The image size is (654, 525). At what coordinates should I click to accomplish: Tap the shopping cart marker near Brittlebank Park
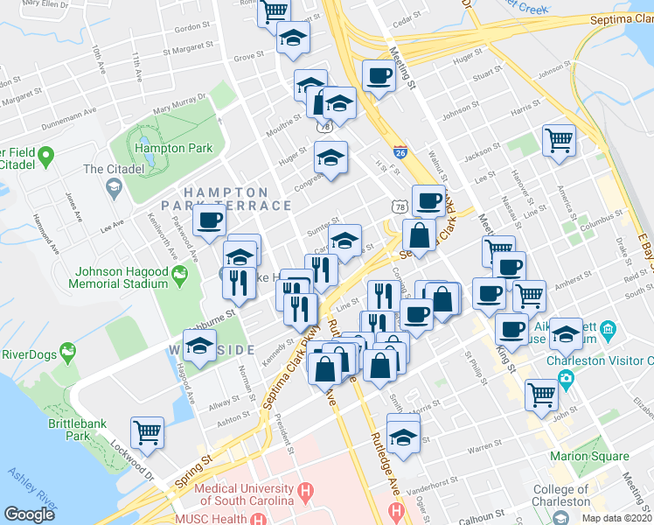[x=147, y=431]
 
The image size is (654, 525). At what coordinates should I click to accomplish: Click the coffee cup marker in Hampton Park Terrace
[x=209, y=220]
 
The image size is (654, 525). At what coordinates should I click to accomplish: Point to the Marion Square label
[x=589, y=456]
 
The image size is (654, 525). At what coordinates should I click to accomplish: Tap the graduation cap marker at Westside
[x=201, y=344]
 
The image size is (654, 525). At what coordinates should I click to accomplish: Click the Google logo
[x=29, y=514]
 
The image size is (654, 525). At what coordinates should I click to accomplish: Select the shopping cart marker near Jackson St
[x=559, y=138]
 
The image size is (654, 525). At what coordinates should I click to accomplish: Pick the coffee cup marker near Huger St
[x=378, y=77]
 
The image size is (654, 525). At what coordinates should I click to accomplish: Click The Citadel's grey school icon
[x=114, y=186]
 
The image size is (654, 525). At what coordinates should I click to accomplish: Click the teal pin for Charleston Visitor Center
[x=566, y=379]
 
